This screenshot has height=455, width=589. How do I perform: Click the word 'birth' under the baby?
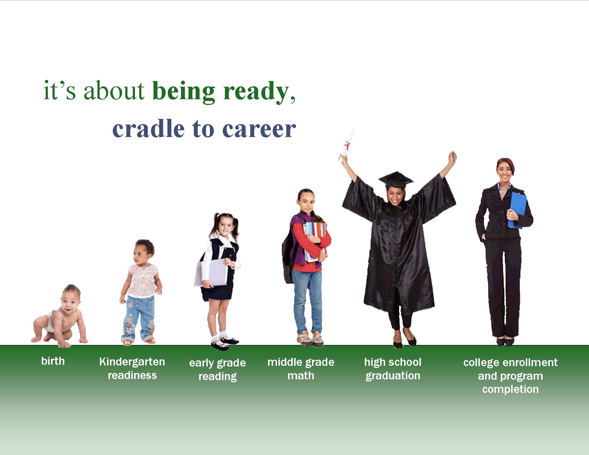pos(53,361)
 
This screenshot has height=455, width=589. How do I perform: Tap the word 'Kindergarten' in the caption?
pos(132,362)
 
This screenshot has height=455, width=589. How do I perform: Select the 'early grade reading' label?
pos(217,369)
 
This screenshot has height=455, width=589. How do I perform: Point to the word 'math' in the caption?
pos(301,376)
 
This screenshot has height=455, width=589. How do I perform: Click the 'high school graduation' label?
pos(393,369)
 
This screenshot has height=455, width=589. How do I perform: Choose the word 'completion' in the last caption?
pos(510,389)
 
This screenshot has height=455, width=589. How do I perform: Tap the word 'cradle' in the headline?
pos(148,129)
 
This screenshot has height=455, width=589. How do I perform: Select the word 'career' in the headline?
pos(259,130)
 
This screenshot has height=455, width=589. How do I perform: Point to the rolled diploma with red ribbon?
pos(347,145)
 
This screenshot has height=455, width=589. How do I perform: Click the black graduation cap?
pos(396,180)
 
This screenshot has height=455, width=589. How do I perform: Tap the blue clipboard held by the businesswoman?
pos(518,210)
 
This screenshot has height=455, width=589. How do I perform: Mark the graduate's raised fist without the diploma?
pos(452,157)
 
